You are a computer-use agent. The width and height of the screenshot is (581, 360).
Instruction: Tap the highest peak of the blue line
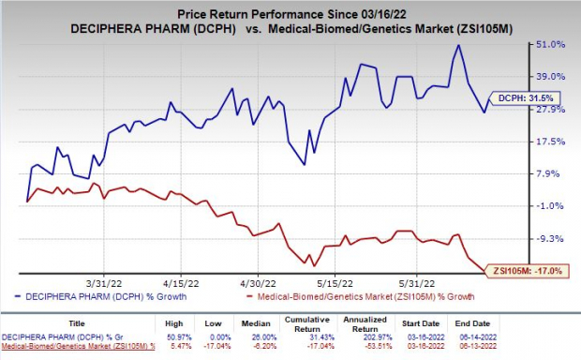[x=458, y=45]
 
